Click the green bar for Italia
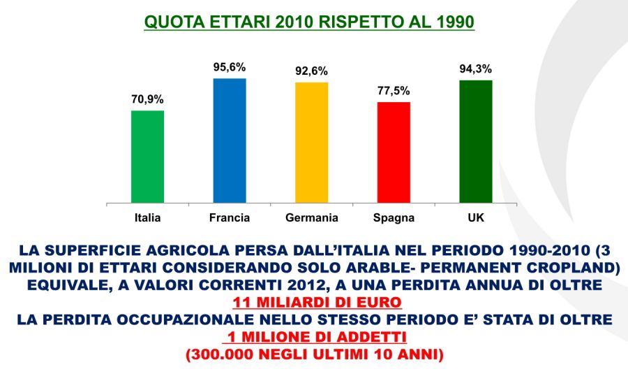[x=147, y=157]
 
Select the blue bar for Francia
[x=229, y=141]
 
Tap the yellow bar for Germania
[x=311, y=143]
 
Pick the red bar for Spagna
[x=394, y=152]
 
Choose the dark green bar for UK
[x=475, y=141]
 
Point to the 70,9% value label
[x=147, y=99]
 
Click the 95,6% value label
[x=230, y=67]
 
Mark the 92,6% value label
[x=311, y=71]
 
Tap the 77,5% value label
[x=394, y=91]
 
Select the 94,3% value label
[x=475, y=69]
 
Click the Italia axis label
[x=147, y=218]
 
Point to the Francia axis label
[x=230, y=218]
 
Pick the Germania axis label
[x=311, y=218]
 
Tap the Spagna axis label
[x=394, y=218]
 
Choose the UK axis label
[x=475, y=218]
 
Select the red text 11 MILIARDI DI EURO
[x=313, y=302]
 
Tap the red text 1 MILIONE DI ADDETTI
[x=313, y=337]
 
